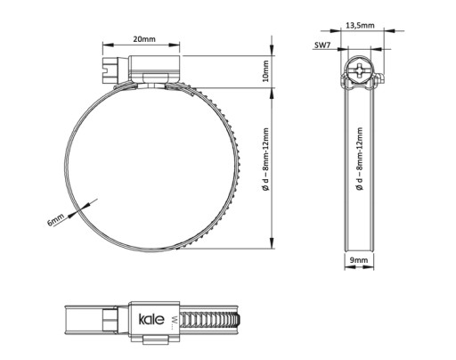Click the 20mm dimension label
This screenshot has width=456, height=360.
point(144,39)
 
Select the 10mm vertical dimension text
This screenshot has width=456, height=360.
point(265,71)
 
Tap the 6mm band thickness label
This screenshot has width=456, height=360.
point(55,220)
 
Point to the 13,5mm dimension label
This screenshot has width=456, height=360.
point(360,26)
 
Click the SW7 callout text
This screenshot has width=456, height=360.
point(322,45)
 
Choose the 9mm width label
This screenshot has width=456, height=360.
point(359,260)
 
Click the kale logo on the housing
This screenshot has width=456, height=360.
point(151,319)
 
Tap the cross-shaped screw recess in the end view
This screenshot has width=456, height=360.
point(360,70)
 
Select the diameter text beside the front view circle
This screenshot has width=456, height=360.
point(265,160)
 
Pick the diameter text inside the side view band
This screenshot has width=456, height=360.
point(360,159)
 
